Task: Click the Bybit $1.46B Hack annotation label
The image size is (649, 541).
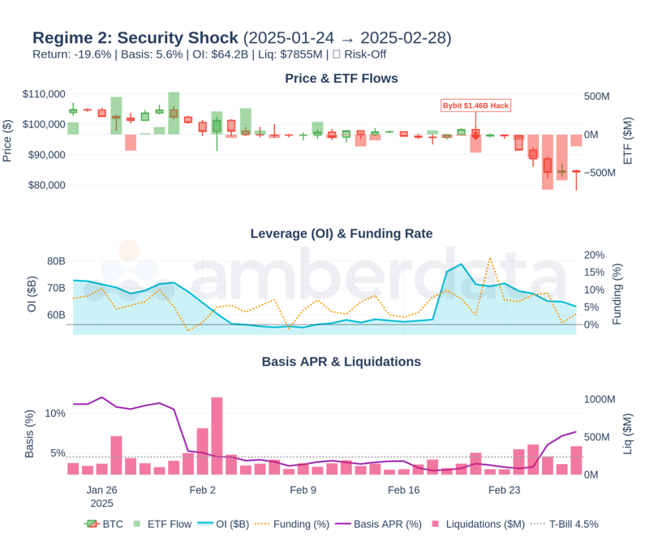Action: click(x=475, y=105)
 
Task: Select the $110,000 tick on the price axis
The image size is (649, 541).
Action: click(x=44, y=94)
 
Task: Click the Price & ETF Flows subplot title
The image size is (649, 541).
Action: click(x=342, y=79)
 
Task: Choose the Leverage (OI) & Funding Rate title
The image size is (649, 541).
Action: click(x=342, y=234)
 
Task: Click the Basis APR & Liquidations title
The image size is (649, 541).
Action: click(x=342, y=362)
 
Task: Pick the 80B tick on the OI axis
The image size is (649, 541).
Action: click(x=56, y=261)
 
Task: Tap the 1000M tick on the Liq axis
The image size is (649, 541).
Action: click(x=602, y=399)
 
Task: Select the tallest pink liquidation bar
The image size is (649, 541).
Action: click(x=217, y=436)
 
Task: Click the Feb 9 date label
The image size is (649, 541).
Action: click(x=303, y=490)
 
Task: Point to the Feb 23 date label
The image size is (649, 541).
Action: click(x=504, y=490)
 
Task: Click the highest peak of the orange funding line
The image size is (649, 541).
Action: click(x=490, y=259)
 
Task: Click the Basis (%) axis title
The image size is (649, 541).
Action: click(x=30, y=433)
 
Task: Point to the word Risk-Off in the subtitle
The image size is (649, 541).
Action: click(x=367, y=54)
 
